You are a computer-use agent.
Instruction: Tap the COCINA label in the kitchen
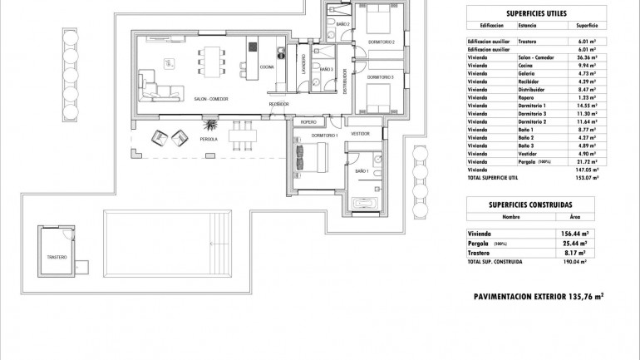pyautogui.click(x=267, y=67)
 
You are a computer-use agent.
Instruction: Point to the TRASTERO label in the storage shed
pyautogui.click(x=57, y=257)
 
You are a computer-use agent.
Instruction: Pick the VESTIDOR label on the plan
pyautogui.click(x=360, y=133)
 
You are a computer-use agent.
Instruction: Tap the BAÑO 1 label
pyautogui.click(x=361, y=170)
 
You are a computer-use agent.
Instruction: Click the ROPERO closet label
pyautogui.click(x=309, y=121)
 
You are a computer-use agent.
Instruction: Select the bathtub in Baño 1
pyautogui.click(x=365, y=204)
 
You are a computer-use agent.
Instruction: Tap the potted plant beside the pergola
pyautogui.click(x=211, y=126)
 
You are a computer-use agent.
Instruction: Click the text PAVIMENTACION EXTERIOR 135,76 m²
pyautogui.click(x=538, y=295)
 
